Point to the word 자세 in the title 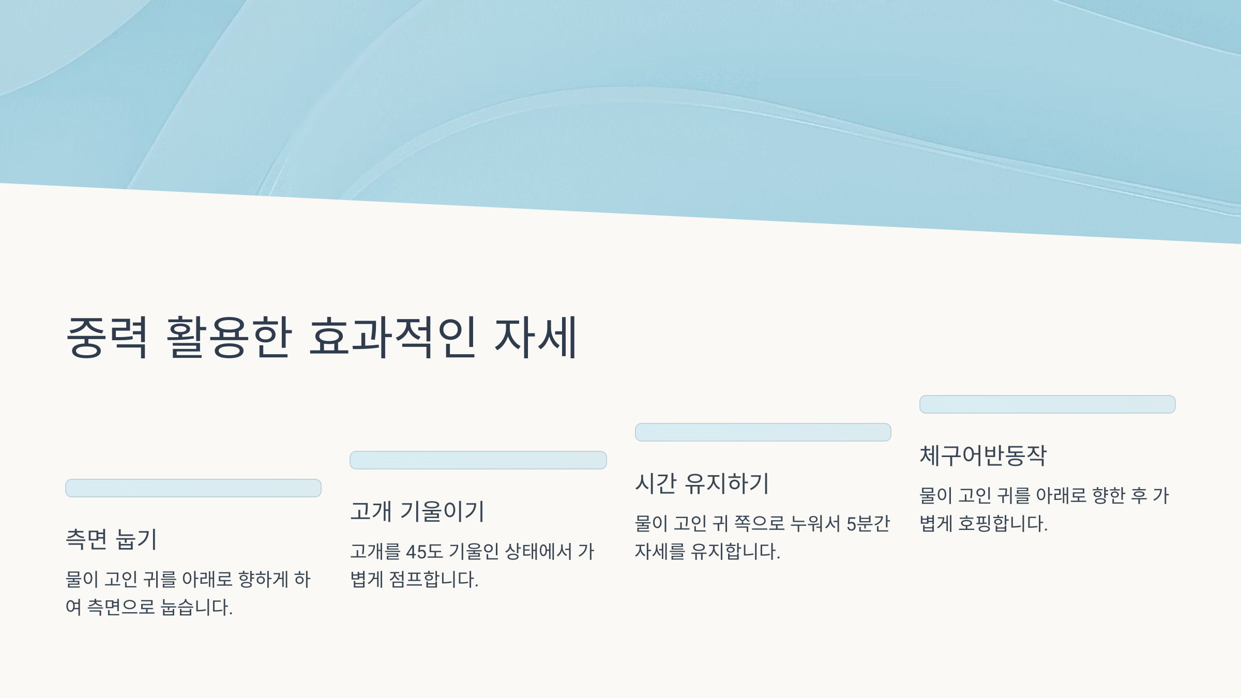[x=536, y=337]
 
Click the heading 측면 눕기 [x=111, y=539]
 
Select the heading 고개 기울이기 [x=417, y=511]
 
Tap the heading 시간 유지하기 [x=702, y=483]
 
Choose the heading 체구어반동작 [x=983, y=456]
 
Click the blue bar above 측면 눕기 [x=193, y=488]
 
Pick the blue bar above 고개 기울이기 [x=478, y=460]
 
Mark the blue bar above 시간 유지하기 [x=763, y=432]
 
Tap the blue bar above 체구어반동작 [x=1047, y=404]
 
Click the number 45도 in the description [x=425, y=552]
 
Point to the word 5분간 [x=868, y=524]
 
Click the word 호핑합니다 [x=1003, y=524]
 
